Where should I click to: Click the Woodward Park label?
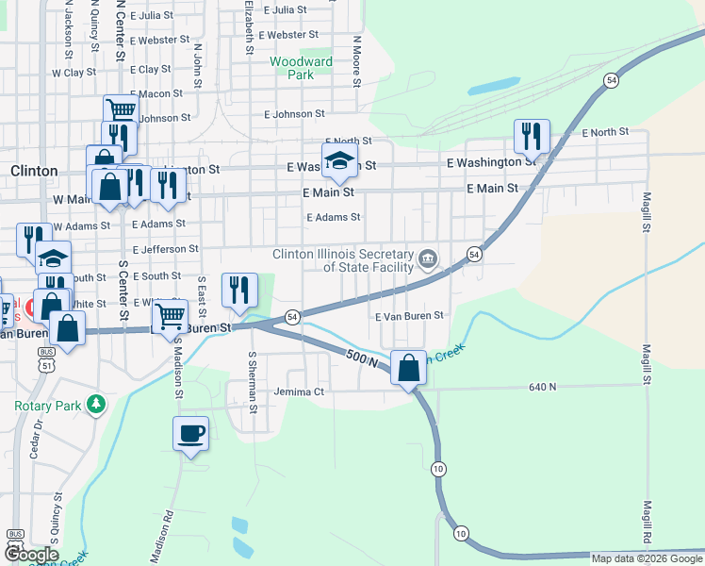301,68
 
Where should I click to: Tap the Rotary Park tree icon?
94,405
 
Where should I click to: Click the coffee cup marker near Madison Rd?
191,435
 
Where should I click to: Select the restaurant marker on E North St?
532,138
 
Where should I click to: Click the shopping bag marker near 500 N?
408,368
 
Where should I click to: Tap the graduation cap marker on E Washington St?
339,161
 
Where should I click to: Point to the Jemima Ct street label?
299,391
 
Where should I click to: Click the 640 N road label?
543,387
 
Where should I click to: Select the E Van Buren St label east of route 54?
409,317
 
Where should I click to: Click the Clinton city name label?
34,171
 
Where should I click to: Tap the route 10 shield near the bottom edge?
460,534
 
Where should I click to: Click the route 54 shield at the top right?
612,81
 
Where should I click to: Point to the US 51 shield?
47,353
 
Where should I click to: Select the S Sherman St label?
252,382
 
